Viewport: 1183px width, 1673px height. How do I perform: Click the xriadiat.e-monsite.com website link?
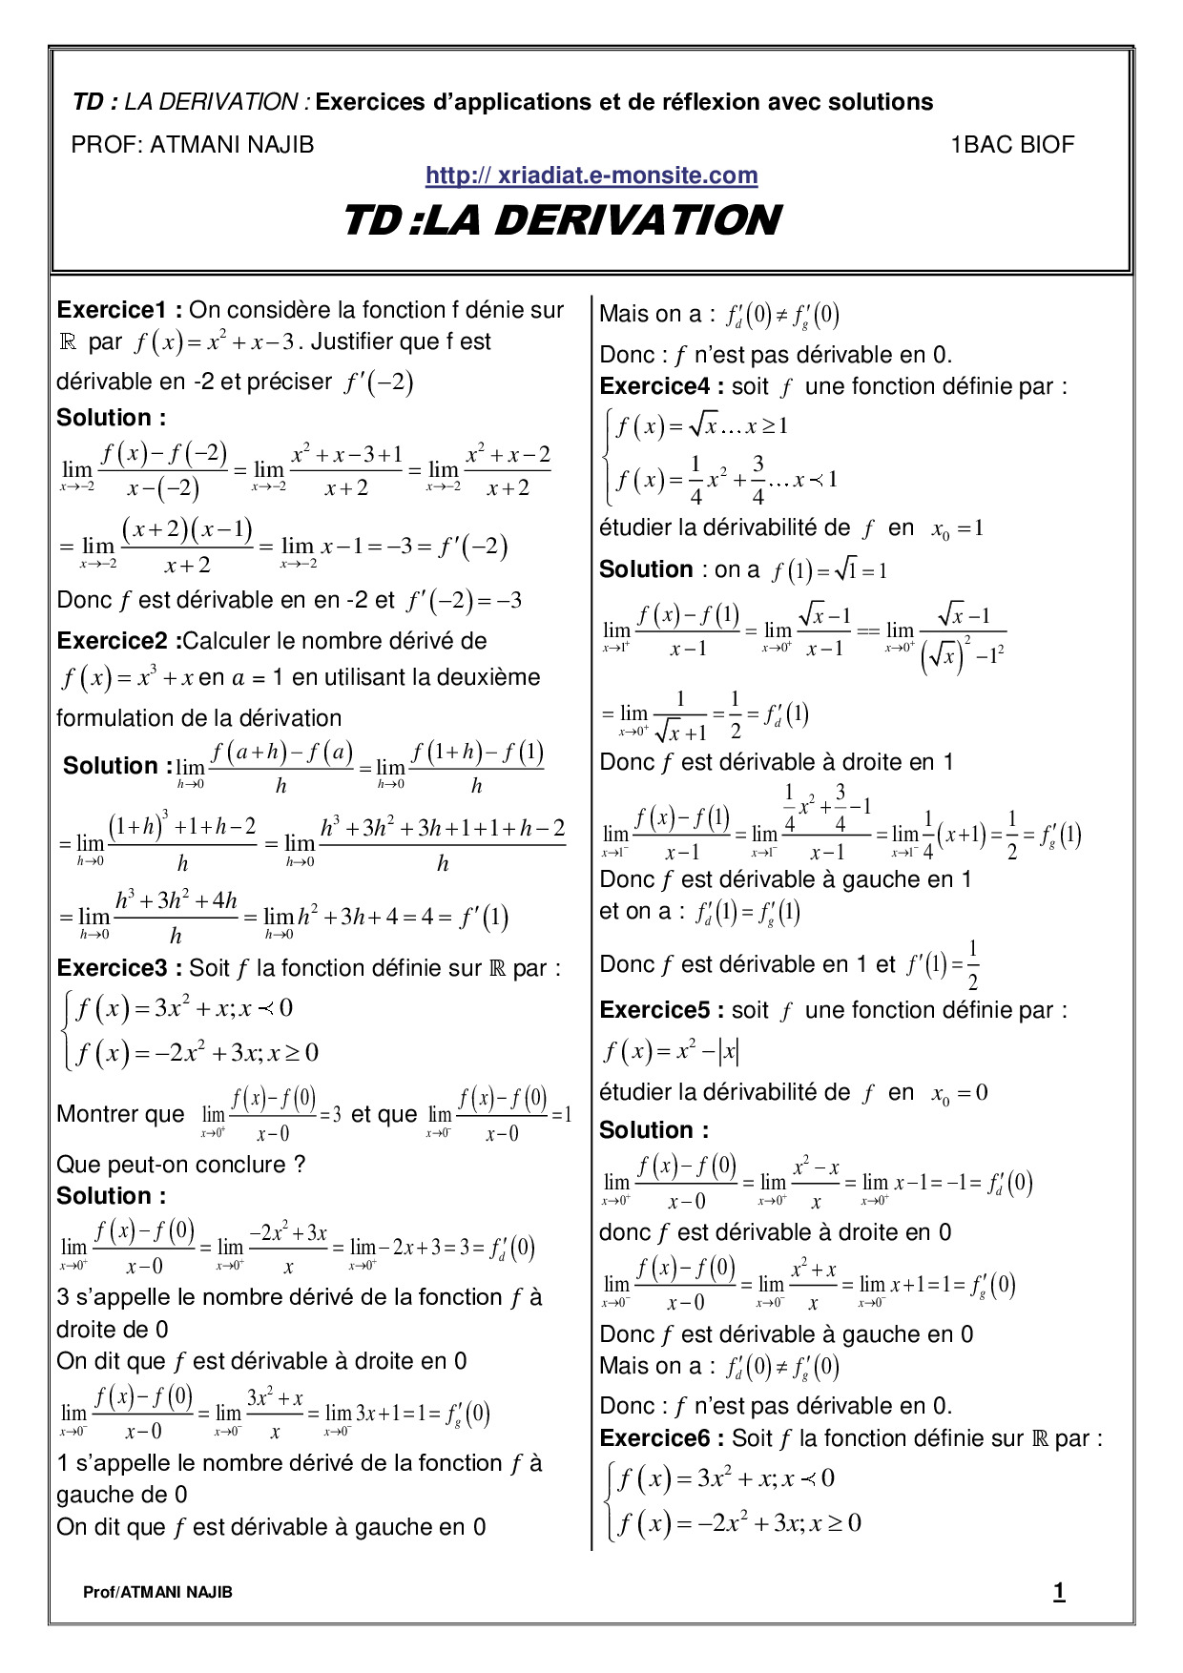point(591,176)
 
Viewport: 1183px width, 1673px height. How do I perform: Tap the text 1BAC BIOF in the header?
point(1011,145)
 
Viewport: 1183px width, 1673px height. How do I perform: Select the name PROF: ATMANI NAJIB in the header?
point(193,145)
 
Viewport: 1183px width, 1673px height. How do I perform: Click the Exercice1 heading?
point(118,310)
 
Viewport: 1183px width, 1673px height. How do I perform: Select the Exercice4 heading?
point(661,387)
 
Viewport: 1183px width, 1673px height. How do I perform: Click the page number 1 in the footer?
point(1059,1591)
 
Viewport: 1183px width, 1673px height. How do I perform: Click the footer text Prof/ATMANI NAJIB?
point(157,1592)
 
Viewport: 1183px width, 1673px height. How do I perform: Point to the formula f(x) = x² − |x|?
point(672,1052)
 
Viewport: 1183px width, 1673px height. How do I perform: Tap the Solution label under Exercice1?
point(111,418)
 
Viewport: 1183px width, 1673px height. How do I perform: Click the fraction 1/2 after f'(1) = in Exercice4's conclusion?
point(971,965)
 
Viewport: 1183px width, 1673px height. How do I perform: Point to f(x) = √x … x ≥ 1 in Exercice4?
point(702,426)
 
